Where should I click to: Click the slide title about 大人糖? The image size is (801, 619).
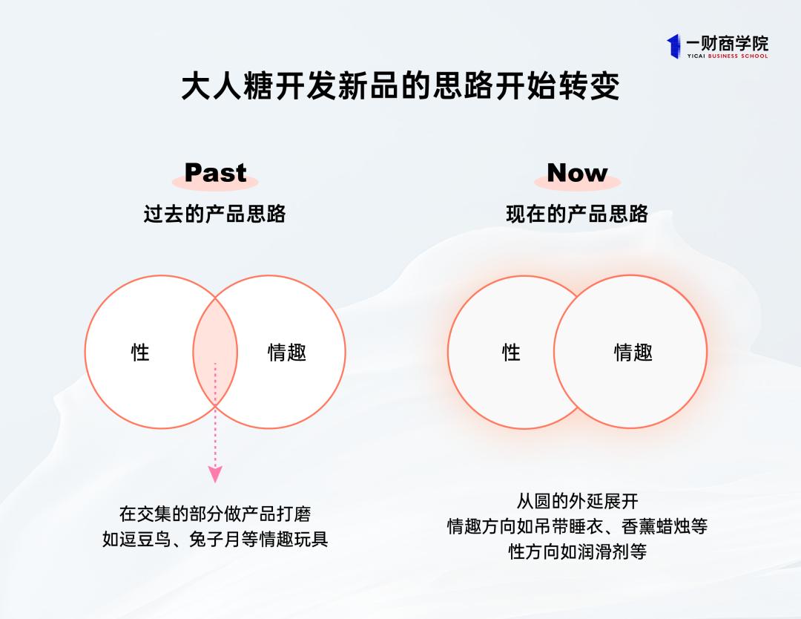(x=400, y=87)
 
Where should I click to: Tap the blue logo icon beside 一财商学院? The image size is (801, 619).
(x=673, y=45)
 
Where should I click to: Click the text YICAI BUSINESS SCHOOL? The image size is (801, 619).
(x=726, y=56)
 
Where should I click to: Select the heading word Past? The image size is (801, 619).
(x=215, y=172)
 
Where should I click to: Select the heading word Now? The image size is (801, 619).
(x=577, y=172)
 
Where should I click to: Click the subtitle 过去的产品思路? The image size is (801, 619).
(x=214, y=214)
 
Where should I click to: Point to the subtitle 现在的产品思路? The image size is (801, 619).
(x=577, y=214)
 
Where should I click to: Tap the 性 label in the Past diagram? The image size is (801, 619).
(x=140, y=352)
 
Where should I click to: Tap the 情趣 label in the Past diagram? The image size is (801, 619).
(x=287, y=352)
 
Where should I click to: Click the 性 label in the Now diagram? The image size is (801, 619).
(x=511, y=352)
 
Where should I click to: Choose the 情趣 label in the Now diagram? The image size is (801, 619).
(x=633, y=352)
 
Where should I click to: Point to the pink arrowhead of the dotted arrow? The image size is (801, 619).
(x=215, y=474)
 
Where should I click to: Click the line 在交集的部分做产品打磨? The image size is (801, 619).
(x=215, y=514)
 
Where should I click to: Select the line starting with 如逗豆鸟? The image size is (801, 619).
(x=215, y=539)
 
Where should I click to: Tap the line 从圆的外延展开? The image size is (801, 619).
(x=577, y=501)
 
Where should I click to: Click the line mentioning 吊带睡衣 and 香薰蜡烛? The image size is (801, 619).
(x=577, y=526)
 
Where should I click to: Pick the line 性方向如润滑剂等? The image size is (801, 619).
(x=577, y=551)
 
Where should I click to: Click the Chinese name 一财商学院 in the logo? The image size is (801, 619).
(x=726, y=42)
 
